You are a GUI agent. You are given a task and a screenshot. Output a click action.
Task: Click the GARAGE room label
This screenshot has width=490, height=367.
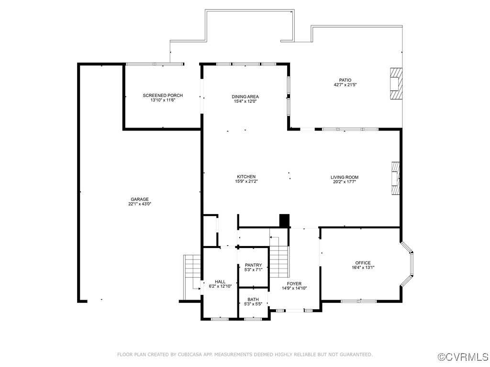pyautogui.click(x=140, y=199)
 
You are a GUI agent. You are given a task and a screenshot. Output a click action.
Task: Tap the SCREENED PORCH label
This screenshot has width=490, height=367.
pyautogui.click(x=163, y=96)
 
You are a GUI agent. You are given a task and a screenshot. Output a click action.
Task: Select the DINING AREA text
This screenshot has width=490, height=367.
pyautogui.click(x=245, y=97)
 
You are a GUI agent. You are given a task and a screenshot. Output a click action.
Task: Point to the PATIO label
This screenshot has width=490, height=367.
pyautogui.click(x=345, y=80)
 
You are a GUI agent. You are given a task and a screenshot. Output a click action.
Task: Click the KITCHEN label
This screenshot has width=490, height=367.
pyautogui.click(x=245, y=177)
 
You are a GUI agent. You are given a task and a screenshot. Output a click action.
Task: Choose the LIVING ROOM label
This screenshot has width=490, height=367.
pyautogui.click(x=344, y=177)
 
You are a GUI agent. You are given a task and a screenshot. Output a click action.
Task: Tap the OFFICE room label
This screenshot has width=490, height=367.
pyautogui.click(x=363, y=263)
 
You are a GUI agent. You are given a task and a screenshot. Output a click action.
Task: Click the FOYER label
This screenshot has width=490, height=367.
pyautogui.click(x=294, y=284)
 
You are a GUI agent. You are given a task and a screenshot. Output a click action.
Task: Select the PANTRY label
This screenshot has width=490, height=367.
pyautogui.click(x=253, y=265)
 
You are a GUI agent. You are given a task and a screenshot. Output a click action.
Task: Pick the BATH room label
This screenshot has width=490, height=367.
pyautogui.click(x=253, y=300)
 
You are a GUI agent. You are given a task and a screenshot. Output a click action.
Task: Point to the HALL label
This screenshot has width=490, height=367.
pyautogui.click(x=220, y=282)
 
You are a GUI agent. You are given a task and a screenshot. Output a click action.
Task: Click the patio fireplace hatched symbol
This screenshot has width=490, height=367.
pyautogui.click(x=395, y=83)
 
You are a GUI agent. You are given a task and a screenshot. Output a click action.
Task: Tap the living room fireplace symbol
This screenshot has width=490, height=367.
pyautogui.click(x=395, y=178)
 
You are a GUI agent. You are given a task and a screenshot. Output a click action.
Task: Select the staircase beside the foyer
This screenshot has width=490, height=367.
pyautogui.click(x=279, y=261)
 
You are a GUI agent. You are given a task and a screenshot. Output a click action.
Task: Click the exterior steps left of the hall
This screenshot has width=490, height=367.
pyautogui.click(x=191, y=277)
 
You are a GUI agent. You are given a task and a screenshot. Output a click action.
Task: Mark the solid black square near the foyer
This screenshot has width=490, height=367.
pyautogui.click(x=284, y=221)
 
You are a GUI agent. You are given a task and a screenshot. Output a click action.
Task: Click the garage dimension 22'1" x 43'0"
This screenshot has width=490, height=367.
pyautogui.click(x=140, y=204)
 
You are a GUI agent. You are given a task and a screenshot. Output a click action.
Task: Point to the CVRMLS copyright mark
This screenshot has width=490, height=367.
pyautogui.click(x=463, y=357)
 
